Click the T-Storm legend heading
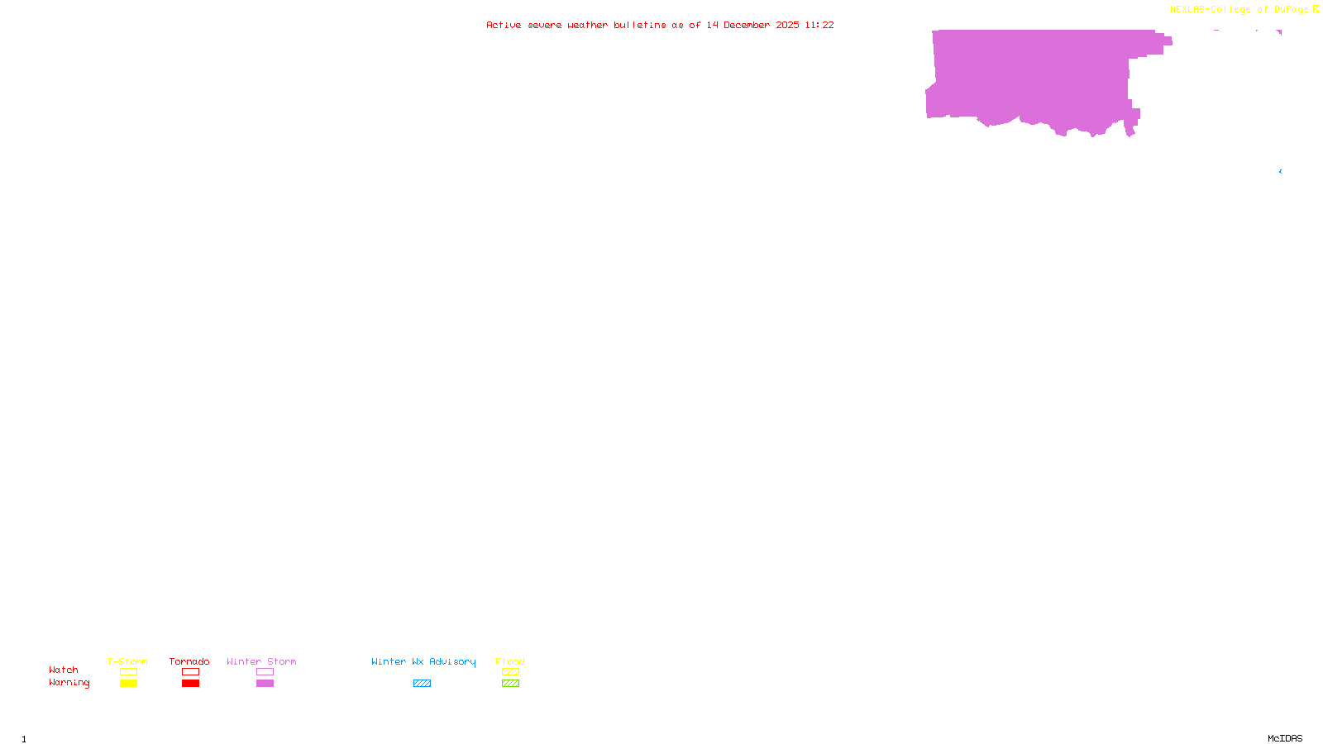127,661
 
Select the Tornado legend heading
189,661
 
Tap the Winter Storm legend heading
261,661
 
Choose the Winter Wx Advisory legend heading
423,661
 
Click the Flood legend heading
510,661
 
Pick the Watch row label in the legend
64,670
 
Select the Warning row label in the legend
69,683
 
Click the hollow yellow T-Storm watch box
128,672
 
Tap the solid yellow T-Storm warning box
128,684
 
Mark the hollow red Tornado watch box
190,672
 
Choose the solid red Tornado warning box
190,684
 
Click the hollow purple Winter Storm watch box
265,672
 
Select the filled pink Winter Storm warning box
265,684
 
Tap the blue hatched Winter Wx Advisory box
422,684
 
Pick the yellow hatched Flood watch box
510,672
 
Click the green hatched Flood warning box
510,684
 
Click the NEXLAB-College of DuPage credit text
1239,10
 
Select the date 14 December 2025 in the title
752,25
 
